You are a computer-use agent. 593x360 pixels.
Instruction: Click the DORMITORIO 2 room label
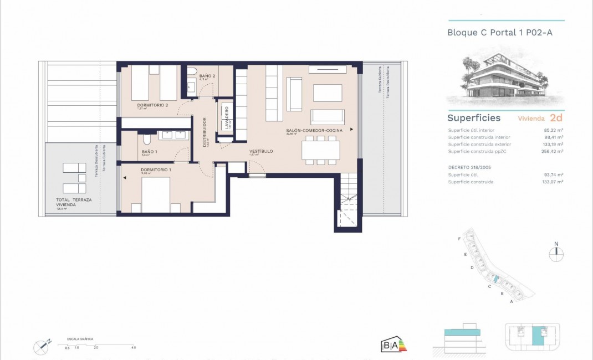click(x=152, y=105)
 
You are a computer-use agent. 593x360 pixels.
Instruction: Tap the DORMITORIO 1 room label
click(x=156, y=169)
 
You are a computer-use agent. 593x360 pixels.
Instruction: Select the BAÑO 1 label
click(x=150, y=151)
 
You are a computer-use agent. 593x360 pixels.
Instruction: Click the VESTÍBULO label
click(x=260, y=151)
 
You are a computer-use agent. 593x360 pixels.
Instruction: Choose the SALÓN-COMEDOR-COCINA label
click(x=314, y=130)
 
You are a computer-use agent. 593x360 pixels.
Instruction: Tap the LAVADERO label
click(x=227, y=117)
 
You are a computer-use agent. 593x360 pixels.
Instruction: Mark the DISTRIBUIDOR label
click(x=205, y=131)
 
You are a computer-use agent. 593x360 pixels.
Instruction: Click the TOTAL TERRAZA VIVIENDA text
click(x=74, y=202)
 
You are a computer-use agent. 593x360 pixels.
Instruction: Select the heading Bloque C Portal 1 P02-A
click(x=499, y=33)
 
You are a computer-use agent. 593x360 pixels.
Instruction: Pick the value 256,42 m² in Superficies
click(x=552, y=151)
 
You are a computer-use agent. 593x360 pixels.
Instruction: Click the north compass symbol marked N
click(x=556, y=254)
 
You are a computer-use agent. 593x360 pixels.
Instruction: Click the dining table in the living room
click(x=321, y=150)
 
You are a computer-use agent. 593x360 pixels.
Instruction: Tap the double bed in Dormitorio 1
click(x=156, y=194)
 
